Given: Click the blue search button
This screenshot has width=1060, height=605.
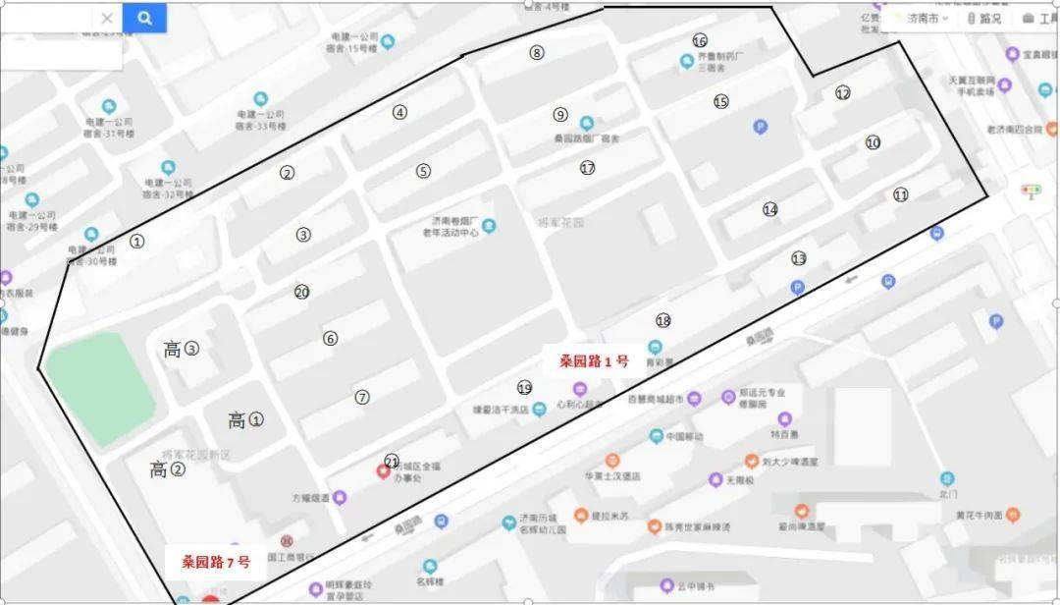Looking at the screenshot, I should [x=144, y=18].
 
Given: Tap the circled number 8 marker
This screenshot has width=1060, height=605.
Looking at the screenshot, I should [x=536, y=53].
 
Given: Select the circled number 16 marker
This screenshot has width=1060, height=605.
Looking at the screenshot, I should [x=700, y=41].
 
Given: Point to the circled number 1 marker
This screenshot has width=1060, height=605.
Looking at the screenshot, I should [x=137, y=241].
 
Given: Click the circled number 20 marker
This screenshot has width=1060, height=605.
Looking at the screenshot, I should [x=301, y=292].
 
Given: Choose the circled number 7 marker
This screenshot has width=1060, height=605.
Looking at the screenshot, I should [x=362, y=398].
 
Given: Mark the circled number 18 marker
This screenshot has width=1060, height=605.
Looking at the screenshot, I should [x=663, y=321].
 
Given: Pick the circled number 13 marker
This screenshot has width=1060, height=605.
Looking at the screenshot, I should [x=799, y=258].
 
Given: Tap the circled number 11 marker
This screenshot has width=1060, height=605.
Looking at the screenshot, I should [x=901, y=195].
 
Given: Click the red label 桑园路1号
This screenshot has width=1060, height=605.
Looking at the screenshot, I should [x=594, y=361].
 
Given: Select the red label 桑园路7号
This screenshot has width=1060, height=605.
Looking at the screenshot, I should [x=216, y=563].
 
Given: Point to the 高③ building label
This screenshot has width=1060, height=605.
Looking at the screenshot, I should [x=182, y=349].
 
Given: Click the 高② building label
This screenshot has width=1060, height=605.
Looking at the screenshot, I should [x=168, y=469].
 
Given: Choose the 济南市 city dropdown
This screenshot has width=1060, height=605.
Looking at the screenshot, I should [x=925, y=19].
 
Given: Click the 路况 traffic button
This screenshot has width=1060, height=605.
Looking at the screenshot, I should [x=984, y=19].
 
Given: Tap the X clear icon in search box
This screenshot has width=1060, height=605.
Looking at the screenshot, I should [x=107, y=18].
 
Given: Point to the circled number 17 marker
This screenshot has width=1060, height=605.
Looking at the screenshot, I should [x=587, y=168].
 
